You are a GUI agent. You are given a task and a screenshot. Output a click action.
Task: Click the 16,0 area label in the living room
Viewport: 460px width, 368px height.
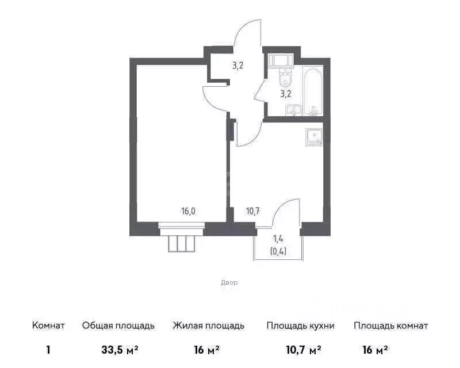(x=189, y=211)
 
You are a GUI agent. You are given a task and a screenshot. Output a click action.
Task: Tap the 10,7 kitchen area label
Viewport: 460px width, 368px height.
(x=253, y=211)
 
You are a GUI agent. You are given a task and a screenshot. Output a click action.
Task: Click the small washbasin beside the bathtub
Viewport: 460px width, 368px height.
(x=296, y=111)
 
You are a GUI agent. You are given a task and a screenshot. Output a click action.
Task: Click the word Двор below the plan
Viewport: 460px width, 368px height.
(x=229, y=283)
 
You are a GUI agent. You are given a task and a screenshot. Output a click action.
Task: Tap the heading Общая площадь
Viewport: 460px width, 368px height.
(x=118, y=326)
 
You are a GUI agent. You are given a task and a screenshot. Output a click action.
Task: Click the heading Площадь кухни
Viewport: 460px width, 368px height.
(x=300, y=326)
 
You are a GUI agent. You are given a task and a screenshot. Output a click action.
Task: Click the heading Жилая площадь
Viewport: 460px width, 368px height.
(x=209, y=326)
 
